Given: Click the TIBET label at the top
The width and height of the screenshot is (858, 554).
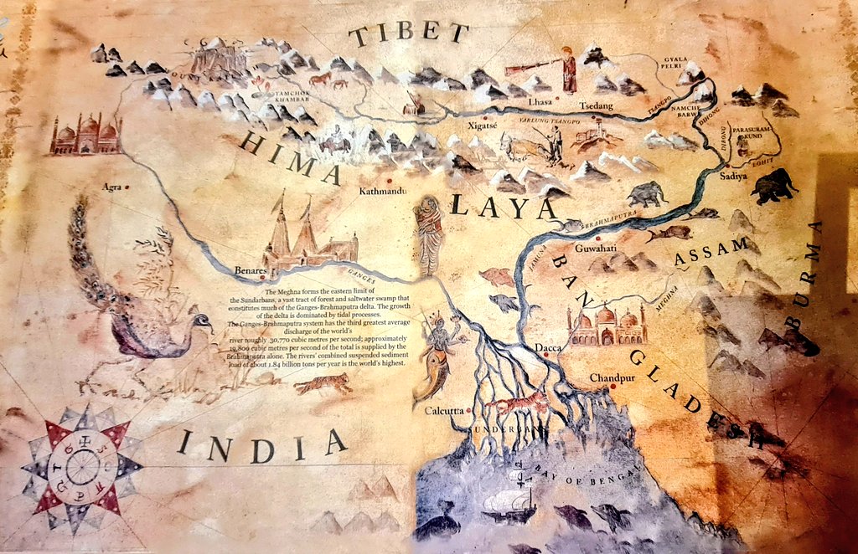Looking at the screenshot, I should click(x=408, y=34).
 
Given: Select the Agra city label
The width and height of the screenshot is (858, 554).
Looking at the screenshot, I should click(x=111, y=187).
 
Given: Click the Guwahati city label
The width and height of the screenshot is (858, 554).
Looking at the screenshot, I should click(x=596, y=248).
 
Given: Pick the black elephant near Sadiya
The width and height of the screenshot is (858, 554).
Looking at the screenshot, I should click(x=773, y=186).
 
